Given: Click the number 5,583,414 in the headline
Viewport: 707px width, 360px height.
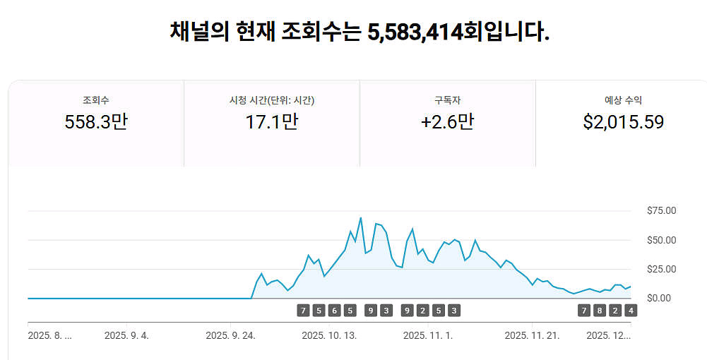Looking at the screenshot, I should pyautogui.click(x=415, y=32).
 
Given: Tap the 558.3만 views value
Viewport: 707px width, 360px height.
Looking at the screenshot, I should pyautogui.click(x=96, y=122).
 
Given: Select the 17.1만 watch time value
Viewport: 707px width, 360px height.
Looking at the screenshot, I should pyautogui.click(x=272, y=122).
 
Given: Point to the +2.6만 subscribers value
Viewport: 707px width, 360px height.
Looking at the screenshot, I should pyautogui.click(x=447, y=122).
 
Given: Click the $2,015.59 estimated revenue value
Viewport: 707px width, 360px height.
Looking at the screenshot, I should pyautogui.click(x=623, y=122).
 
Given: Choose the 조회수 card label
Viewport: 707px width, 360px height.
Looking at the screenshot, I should pyautogui.click(x=96, y=100).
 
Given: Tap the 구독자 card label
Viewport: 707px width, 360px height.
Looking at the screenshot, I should pyautogui.click(x=447, y=100).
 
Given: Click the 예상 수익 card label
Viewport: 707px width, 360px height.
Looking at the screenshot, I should pyautogui.click(x=623, y=100).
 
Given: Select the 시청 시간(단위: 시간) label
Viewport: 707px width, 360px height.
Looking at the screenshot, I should pyautogui.click(x=272, y=100).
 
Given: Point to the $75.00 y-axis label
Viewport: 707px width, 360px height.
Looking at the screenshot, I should pyautogui.click(x=661, y=210).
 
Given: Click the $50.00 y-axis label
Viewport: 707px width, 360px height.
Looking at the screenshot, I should pyautogui.click(x=661, y=240).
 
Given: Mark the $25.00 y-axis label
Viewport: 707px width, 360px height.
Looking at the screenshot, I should pyautogui.click(x=661, y=269).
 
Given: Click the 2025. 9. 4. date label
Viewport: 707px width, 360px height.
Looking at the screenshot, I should pyautogui.click(x=126, y=335).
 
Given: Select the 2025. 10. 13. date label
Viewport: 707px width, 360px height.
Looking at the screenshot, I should pyautogui.click(x=329, y=335).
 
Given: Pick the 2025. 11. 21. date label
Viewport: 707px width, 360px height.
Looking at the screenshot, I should pyautogui.click(x=532, y=335).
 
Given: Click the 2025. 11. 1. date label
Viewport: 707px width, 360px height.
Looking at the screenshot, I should pyautogui.click(x=428, y=335).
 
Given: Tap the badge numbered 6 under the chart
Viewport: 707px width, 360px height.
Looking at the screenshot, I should pyautogui.click(x=334, y=311).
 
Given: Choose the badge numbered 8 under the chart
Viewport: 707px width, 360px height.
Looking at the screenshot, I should pyautogui.click(x=599, y=311).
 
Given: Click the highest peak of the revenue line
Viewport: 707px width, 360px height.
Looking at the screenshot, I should pyautogui.click(x=361, y=217).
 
